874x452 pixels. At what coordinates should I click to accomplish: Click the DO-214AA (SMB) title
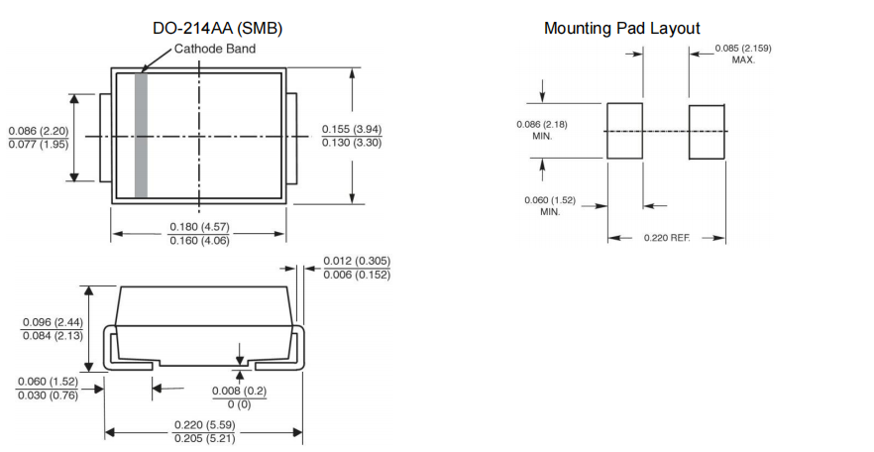point(216,29)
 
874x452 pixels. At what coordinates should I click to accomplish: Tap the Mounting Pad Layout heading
point(621,28)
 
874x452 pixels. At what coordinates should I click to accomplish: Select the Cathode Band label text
point(215,49)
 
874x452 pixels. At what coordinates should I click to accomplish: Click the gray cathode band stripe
point(141,135)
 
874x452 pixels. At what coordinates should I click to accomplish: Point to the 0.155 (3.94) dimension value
point(352,129)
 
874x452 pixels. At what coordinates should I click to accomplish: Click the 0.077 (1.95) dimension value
point(39,145)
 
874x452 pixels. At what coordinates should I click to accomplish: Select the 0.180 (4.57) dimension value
point(200,227)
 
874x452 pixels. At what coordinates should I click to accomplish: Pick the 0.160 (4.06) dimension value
point(200,241)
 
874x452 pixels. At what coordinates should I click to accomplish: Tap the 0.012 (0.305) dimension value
point(357,261)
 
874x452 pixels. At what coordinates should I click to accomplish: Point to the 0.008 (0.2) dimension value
point(239,391)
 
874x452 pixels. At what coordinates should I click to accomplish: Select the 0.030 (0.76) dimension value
point(48,395)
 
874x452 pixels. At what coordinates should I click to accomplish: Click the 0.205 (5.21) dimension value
point(204,438)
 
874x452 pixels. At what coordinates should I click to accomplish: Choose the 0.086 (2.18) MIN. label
point(541,130)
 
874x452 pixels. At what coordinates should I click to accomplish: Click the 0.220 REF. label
point(666,238)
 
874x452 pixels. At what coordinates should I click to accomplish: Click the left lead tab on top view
point(105,137)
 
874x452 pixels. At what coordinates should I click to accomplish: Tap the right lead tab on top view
point(292,137)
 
